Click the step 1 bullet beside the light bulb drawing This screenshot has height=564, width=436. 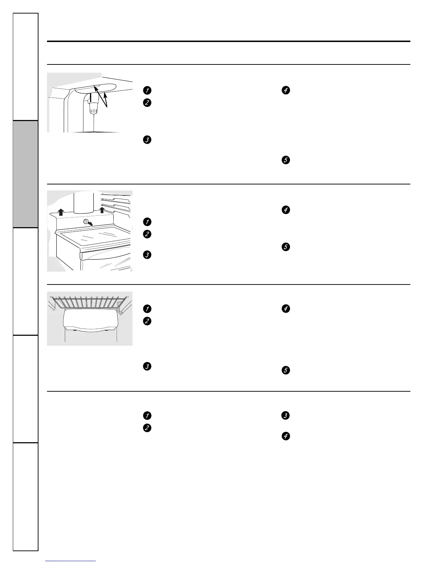click(146, 90)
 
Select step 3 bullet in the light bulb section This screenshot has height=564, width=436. click(146, 140)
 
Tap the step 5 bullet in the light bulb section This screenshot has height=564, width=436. click(285, 160)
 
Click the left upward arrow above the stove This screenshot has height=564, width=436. click(61, 212)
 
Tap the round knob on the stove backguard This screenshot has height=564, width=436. click(86, 222)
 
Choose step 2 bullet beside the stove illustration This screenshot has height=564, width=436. click(146, 234)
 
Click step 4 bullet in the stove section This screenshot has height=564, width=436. click(285, 210)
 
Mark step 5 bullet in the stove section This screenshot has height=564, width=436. click(285, 247)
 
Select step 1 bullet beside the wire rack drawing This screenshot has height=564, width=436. click(146, 309)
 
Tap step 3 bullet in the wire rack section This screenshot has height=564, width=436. click(146, 366)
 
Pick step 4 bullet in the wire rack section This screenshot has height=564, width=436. click(285, 309)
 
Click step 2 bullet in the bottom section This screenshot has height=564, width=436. click(146, 428)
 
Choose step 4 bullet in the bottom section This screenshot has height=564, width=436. click(285, 436)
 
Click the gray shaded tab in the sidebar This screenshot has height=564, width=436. click(26, 174)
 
